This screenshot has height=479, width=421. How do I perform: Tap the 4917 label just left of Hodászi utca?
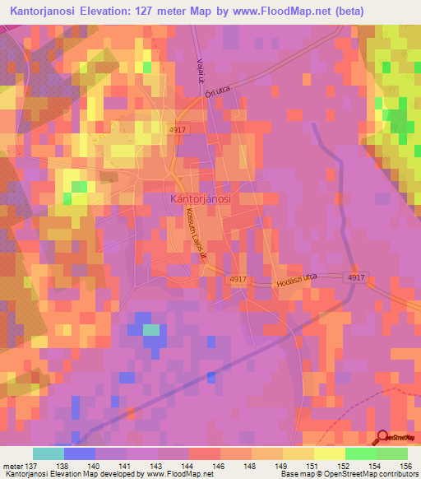(238, 280)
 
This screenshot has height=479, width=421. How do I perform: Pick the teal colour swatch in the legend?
(49, 453)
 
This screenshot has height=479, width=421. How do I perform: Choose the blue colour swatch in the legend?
(80, 453)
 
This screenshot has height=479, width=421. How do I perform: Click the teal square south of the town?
(151, 331)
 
